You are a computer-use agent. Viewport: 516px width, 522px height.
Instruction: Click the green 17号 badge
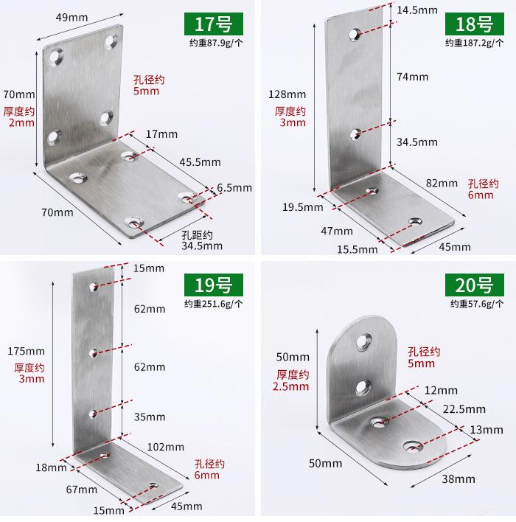[x=213, y=24]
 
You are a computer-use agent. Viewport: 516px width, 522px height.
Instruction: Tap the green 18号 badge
[x=475, y=24]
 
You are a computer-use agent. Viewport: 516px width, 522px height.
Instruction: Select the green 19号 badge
[x=213, y=285]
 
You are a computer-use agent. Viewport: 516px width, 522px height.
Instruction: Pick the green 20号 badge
[x=475, y=285]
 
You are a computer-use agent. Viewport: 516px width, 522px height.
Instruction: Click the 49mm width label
[x=72, y=17]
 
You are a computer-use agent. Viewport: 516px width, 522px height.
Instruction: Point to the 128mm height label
[x=287, y=94]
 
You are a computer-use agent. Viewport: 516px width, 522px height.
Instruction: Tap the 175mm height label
[x=26, y=351]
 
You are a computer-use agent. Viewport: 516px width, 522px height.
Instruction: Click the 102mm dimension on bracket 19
[x=165, y=447]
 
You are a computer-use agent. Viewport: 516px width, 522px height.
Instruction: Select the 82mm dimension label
[x=442, y=183]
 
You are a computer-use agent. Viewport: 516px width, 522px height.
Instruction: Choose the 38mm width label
[x=459, y=478]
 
